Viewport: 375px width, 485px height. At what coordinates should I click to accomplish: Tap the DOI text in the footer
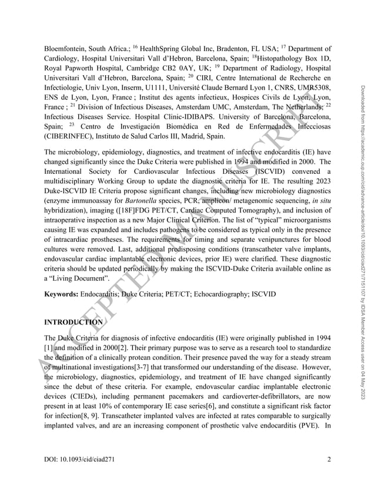click(x=81, y=467)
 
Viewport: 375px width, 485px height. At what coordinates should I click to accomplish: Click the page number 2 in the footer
click(x=330, y=467)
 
